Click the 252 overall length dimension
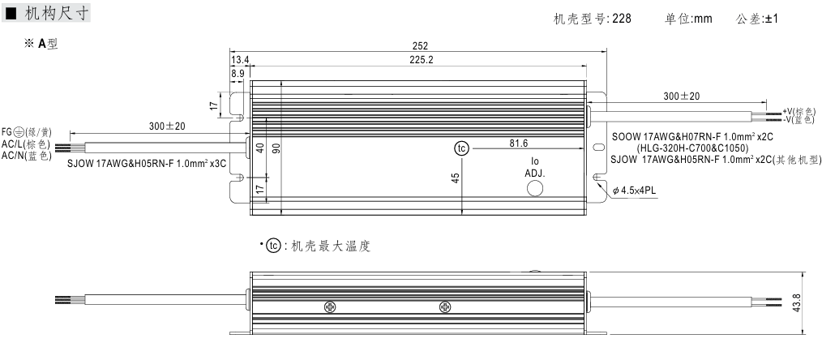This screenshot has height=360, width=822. (419, 46)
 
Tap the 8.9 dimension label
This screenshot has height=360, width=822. (238, 72)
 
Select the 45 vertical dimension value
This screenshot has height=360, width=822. (456, 178)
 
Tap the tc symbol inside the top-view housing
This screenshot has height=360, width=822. (460, 149)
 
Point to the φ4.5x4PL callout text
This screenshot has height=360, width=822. (636, 191)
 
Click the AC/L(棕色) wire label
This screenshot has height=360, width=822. (27, 143)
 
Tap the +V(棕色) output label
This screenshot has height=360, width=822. (802, 111)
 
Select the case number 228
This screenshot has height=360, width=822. (623, 18)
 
